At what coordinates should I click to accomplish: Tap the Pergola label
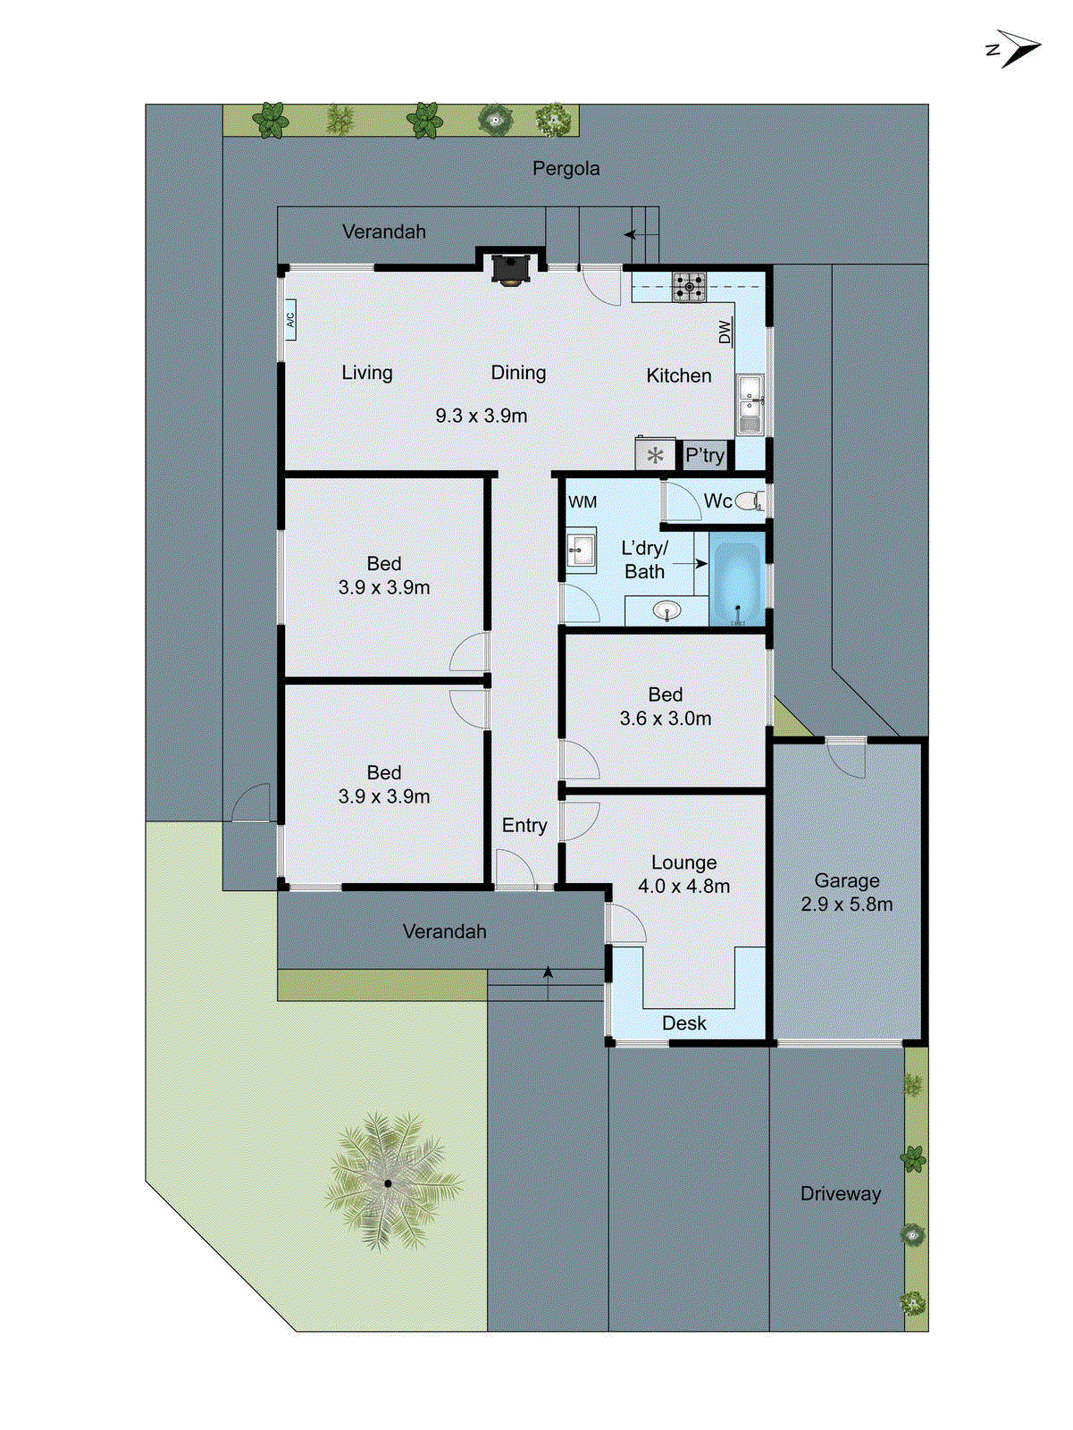(x=566, y=168)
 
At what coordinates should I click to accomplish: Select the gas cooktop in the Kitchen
(x=688, y=287)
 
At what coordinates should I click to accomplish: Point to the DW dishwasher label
(x=725, y=332)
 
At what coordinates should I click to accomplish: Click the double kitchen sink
(x=750, y=405)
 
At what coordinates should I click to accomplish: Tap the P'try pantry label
(x=704, y=455)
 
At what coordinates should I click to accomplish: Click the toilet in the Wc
(x=750, y=500)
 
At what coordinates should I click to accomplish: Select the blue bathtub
(x=737, y=583)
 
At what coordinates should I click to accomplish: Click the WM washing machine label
(x=583, y=502)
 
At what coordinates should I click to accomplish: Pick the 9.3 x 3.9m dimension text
(x=481, y=416)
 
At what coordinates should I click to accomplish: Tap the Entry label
(x=524, y=825)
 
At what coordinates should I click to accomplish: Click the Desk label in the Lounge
(x=684, y=1023)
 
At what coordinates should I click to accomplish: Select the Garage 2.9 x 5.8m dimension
(x=846, y=904)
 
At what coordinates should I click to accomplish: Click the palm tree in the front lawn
(x=389, y=1182)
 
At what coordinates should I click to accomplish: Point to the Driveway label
(x=840, y=1193)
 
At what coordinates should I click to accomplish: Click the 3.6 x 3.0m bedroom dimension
(x=666, y=719)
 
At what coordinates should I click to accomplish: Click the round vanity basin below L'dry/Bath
(x=666, y=611)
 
